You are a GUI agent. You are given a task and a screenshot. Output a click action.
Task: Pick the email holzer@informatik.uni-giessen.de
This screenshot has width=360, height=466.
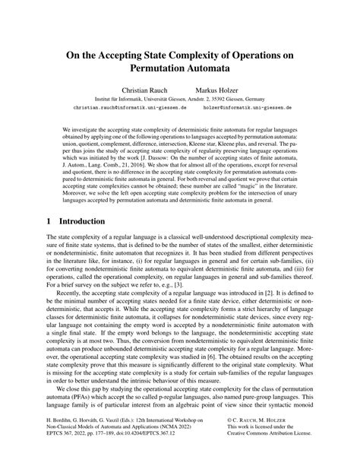click(x=248, y=107)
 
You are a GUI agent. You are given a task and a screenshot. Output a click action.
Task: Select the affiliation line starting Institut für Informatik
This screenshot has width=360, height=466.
click(x=179, y=98)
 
